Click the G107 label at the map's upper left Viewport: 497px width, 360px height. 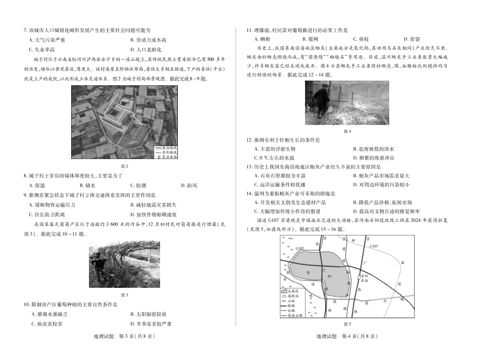[x=300, y=246]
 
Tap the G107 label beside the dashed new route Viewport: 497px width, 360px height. [x=373, y=245]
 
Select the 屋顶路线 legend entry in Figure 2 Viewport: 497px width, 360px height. [x=168, y=148]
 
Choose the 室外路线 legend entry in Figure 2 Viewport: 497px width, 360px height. [x=168, y=152]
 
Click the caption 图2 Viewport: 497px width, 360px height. [x=124, y=166]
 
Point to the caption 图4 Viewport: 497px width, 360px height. [x=347, y=131]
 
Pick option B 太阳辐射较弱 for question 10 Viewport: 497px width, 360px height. [x=148, y=314]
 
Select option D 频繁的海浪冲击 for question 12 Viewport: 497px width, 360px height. [x=374, y=157]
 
